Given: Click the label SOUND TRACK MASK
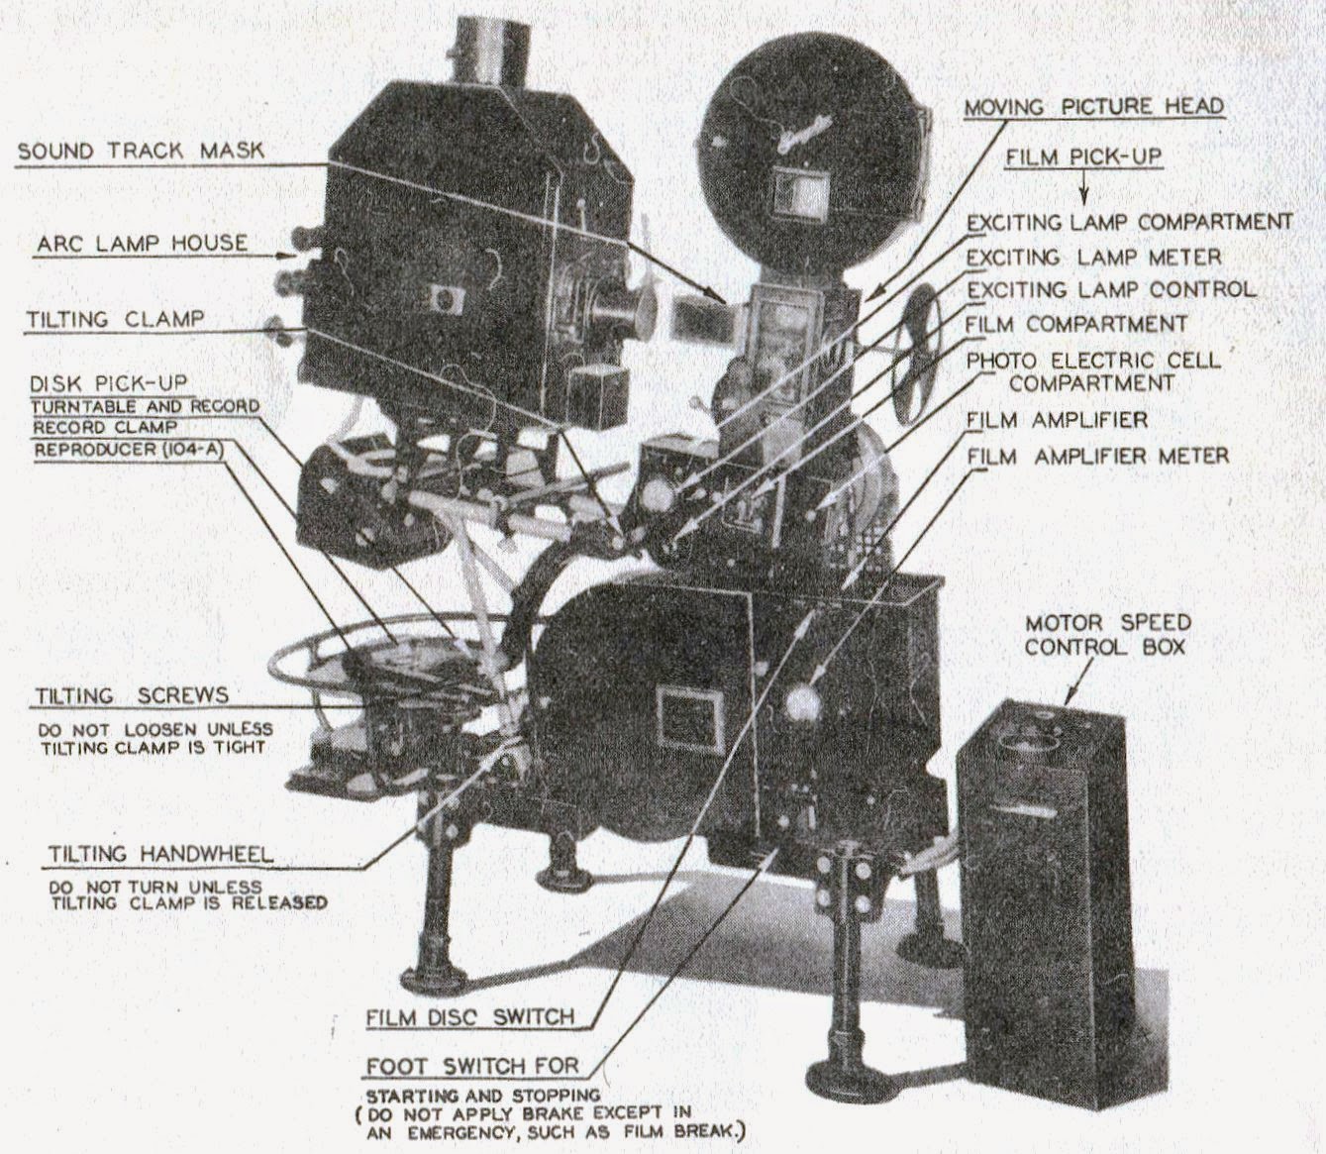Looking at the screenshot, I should [142, 151].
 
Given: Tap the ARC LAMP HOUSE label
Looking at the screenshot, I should [143, 243].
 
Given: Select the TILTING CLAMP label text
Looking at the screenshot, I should [116, 319].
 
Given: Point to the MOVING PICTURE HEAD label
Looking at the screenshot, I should [1093, 107].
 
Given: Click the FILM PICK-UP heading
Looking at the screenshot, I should [1082, 157].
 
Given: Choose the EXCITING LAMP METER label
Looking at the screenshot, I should [1093, 258].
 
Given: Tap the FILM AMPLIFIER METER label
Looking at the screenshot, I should [1097, 456].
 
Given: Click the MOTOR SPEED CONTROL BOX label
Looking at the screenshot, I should [1107, 635].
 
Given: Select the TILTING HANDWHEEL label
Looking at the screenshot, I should [160, 854].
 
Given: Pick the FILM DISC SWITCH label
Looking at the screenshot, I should [469, 1016].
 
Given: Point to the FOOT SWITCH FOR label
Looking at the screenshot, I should [472, 1067].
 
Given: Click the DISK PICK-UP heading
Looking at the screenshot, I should [109, 383].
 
